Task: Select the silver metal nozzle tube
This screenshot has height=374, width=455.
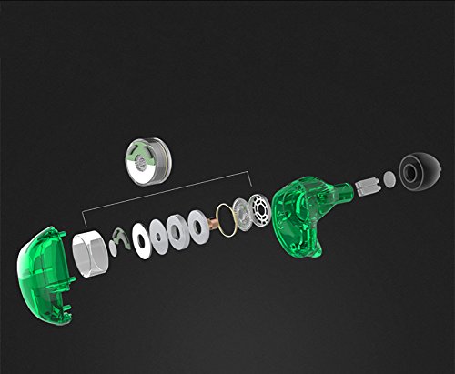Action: [368, 186]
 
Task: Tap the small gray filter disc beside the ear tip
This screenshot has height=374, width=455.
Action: [389, 179]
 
